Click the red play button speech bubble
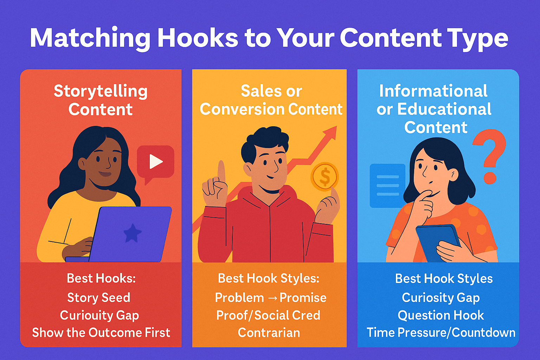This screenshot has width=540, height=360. point(155,162)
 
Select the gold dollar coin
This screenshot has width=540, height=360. point(324,177)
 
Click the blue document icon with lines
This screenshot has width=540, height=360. point(387,185)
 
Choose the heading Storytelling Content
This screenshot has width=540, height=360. point(101,100)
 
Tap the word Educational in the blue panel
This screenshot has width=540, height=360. point(444,109)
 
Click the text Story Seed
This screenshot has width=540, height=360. point(99,297)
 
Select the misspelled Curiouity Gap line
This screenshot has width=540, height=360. point(99,315)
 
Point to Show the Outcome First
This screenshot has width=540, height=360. point(101,333)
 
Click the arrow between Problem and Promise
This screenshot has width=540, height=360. point(272,298)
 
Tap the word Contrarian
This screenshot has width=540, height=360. point(269,333)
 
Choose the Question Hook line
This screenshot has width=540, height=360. point(441,315)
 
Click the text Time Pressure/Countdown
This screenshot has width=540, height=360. point(441,333)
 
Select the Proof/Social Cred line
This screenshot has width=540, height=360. point(268,315)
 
